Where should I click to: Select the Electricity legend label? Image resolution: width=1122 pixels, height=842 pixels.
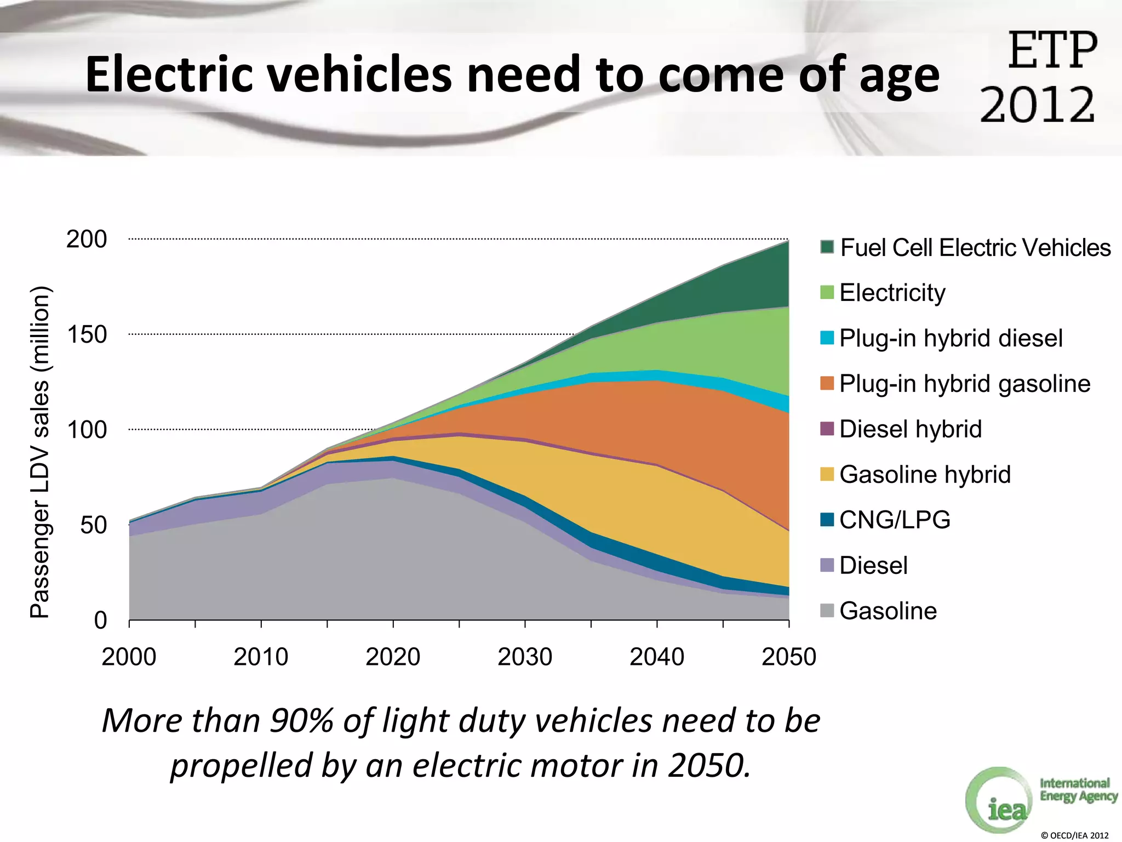tap(892, 293)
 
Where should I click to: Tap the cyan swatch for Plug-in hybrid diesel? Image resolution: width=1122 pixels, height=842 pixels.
tap(827, 338)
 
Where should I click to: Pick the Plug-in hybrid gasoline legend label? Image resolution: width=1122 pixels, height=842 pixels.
tap(964, 384)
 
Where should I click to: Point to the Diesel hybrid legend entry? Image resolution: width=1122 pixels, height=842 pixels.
tap(910, 429)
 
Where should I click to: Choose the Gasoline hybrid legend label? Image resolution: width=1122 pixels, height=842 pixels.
tap(925, 475)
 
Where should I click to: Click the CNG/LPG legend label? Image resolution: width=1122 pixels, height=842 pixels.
tap(895, 520)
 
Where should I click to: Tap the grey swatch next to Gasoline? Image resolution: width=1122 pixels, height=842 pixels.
tap(827, 610)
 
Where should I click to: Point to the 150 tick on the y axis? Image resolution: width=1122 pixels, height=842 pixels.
tap(87, 334)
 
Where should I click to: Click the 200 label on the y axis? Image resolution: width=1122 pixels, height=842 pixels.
tap(87, 239)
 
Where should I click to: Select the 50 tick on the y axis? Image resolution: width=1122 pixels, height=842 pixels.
tap(93, 525)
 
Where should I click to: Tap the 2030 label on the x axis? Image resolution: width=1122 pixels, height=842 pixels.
tap(525, 657)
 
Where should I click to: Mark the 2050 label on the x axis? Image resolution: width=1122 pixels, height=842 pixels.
tap(789, 657)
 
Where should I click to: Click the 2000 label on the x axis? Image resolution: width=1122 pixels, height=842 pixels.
tap(129, 657)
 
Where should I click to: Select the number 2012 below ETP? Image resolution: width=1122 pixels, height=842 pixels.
tap(1037, 105)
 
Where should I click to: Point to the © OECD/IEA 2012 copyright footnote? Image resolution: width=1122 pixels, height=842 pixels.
tap(1074, 835)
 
